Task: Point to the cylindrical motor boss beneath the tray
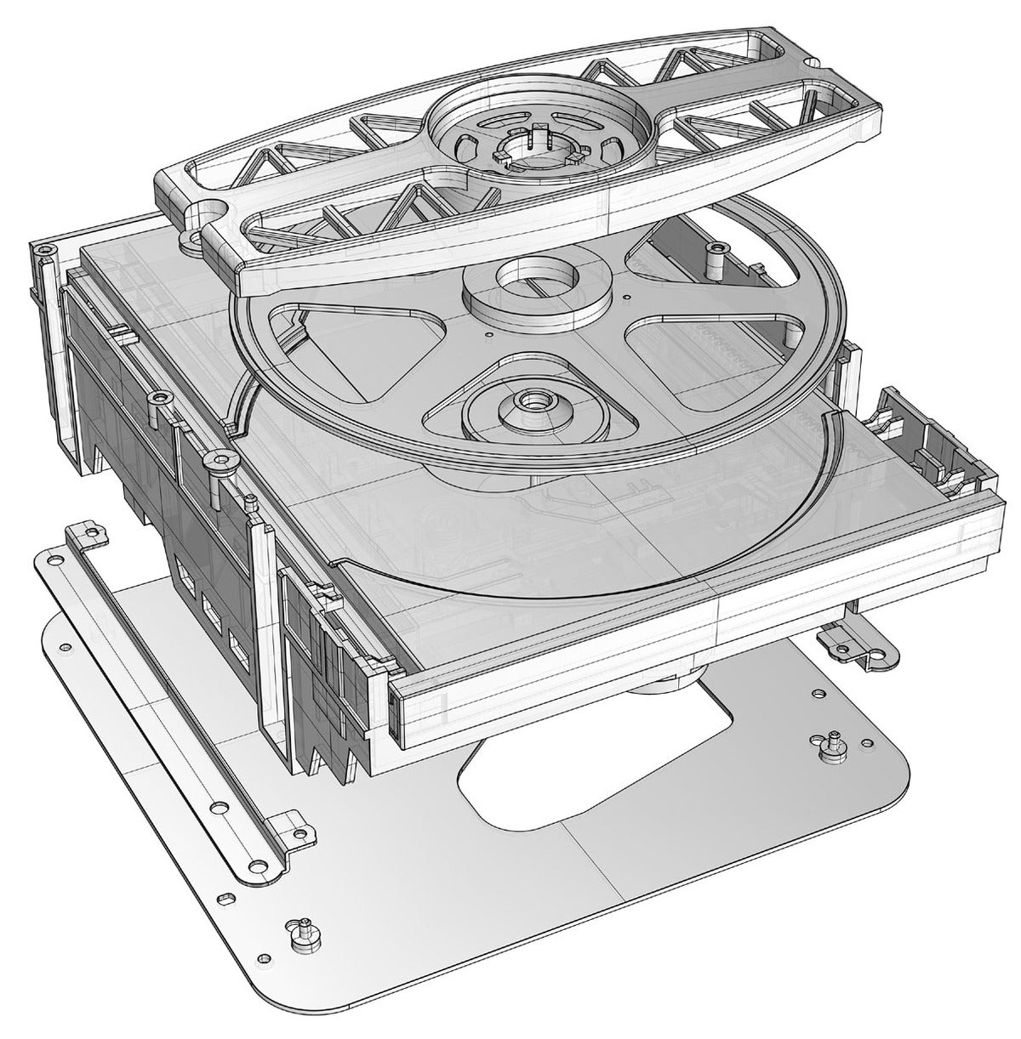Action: pos(664,681)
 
